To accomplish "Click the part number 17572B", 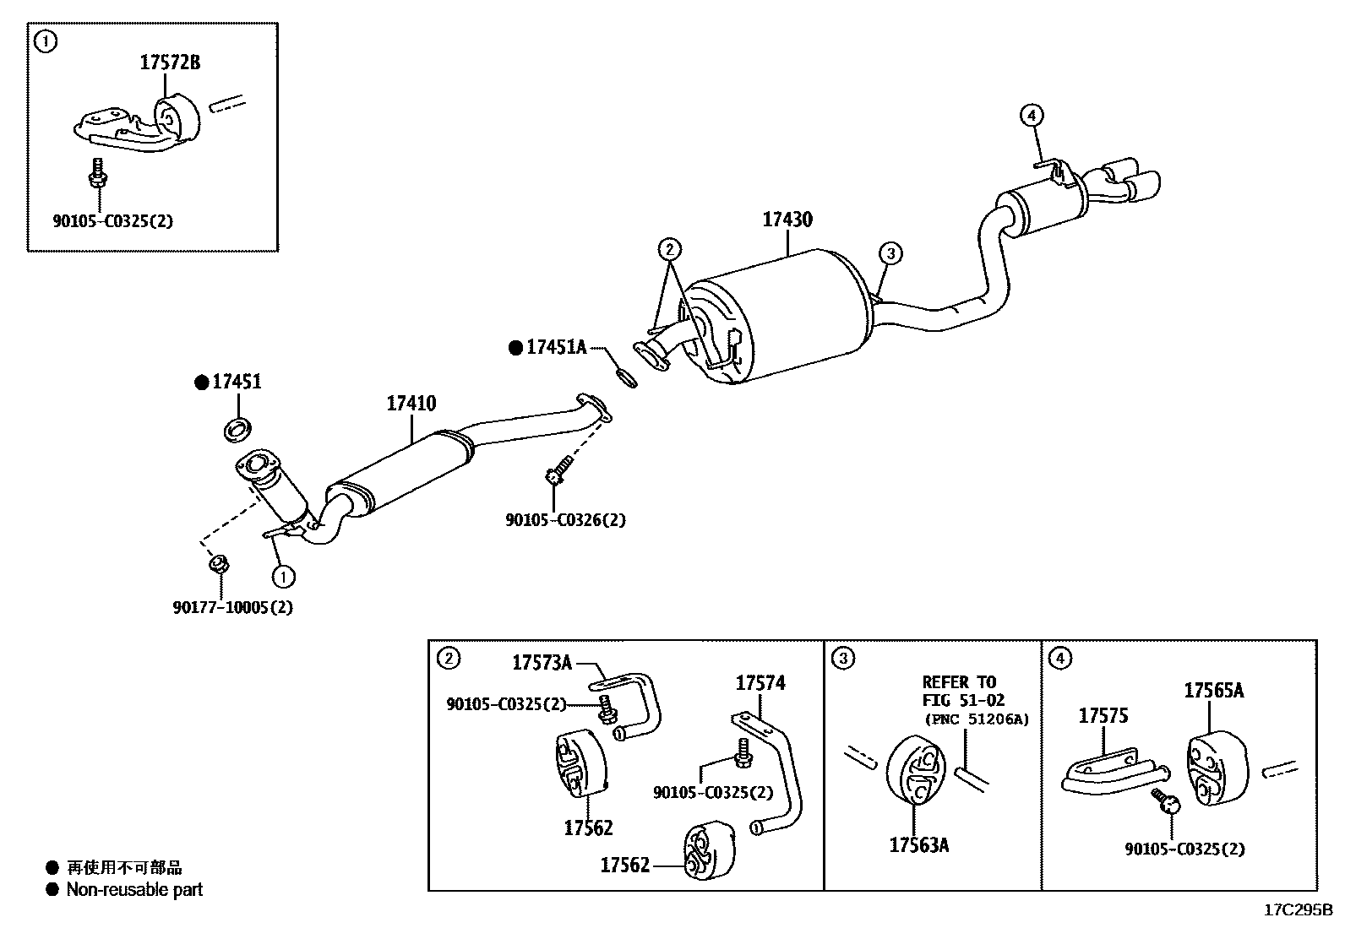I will coord(170,62).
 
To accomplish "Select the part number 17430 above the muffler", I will coord(787,220).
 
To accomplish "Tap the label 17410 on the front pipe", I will coord(411,404).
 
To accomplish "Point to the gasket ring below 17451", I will coord(239,428).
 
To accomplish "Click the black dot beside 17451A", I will coord(515,347).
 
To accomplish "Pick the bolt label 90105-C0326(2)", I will coord(565,520).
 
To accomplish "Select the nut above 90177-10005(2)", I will coord(216,563).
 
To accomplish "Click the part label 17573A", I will coord(542,663).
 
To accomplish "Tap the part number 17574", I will coord(760,683).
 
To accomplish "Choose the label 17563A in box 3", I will coord(918,844).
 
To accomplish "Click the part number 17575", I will coord(1103,716).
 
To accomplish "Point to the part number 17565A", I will coord(1213,691).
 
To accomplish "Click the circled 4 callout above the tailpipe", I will coord(1032,115).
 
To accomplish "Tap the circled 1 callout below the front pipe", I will coord(283,577).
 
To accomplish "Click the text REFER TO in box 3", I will coord(959,682).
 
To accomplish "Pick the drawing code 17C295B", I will coord(1297,909).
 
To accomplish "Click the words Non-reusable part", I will coord(134,889).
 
